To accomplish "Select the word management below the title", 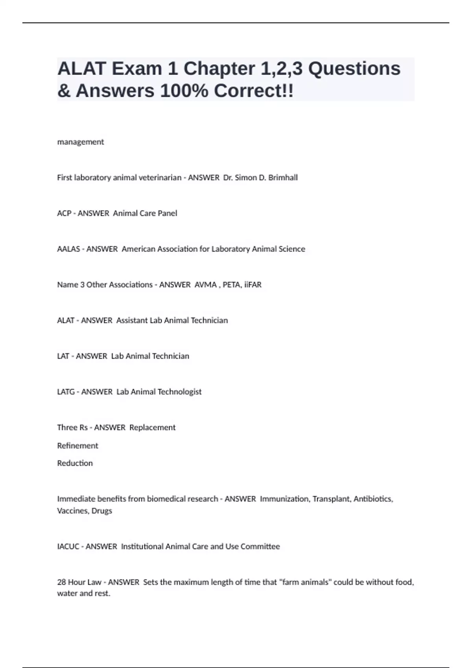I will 81,142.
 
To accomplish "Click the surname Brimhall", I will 283,178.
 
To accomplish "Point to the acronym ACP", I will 64,213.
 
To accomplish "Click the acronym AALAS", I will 68,249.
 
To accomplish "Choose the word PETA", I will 232,285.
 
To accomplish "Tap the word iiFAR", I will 253,285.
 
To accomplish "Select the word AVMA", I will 205,285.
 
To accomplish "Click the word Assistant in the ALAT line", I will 131,321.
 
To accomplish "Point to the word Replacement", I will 152,428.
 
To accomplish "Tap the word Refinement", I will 77,446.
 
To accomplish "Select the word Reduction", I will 75,463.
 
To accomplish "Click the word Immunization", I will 284,499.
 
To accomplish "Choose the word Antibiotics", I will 372,499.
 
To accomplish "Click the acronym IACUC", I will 68,547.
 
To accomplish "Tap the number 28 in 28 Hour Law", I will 61,582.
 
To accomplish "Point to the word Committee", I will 260,547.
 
